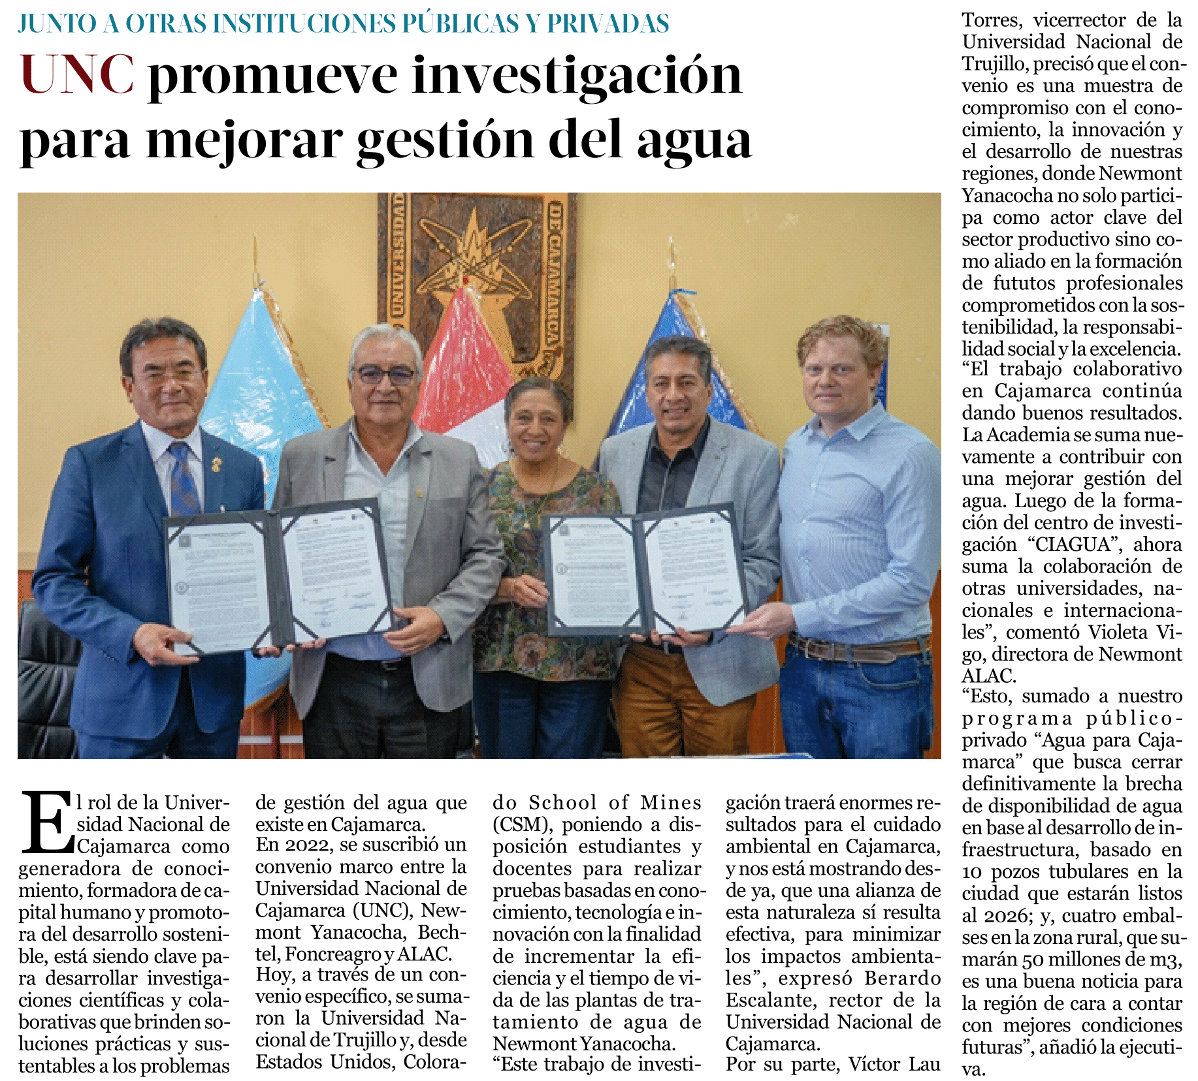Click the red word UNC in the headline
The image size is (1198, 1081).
(77, 75)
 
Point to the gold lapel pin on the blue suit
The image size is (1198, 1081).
(216, 465)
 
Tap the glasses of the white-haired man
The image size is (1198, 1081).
(385, 375)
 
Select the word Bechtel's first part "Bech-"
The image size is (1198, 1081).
(442, 932)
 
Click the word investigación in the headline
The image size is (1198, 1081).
(577, 75)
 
